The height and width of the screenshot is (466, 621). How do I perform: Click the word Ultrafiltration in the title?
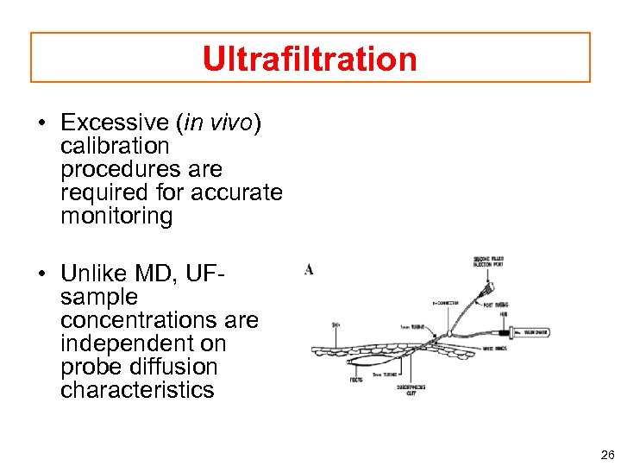[310, 59]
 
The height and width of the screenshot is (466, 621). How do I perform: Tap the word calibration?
[115, 146]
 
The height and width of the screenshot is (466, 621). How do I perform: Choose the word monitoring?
[116, 216]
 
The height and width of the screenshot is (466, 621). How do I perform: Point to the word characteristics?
[137, 390]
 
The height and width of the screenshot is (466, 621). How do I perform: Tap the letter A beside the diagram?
[308, 269]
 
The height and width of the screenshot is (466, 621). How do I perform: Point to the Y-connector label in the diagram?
[449, 303]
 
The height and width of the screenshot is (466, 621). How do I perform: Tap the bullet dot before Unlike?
[41, 274]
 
